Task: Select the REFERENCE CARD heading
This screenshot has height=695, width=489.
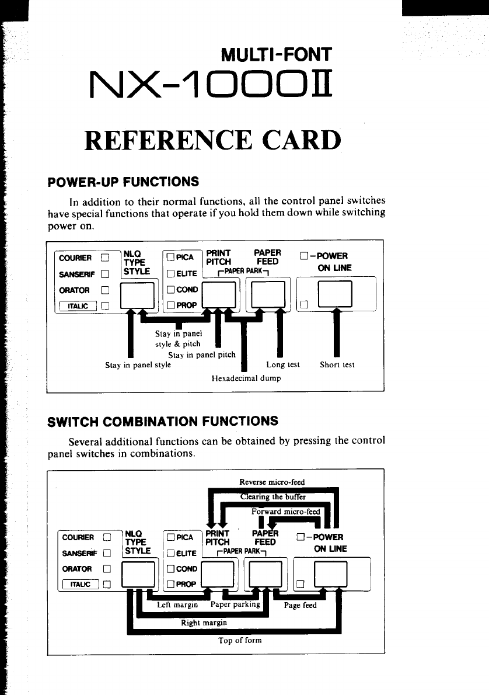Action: click(x=212, y=140)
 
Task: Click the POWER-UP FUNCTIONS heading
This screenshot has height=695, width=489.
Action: click(x=123, y=182)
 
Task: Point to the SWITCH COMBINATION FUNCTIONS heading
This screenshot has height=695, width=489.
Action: click(x=162, y=421)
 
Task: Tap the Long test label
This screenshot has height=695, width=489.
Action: click(x=282, y=365)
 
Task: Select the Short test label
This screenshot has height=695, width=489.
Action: click(x=337, y=365)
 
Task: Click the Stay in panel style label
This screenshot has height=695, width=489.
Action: click(x=138, y=365)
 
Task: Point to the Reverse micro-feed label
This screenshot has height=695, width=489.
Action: click(x=272, y=482)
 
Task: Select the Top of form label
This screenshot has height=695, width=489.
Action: click(x=240, y=640)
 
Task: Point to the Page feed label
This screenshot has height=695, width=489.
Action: click(x=300, y=605)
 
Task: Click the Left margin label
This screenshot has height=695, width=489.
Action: click(x=178, y=605)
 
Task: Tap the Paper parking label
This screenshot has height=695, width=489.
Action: click(x=235, y=604)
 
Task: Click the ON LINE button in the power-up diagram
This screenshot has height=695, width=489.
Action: click(x=336, y=294)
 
